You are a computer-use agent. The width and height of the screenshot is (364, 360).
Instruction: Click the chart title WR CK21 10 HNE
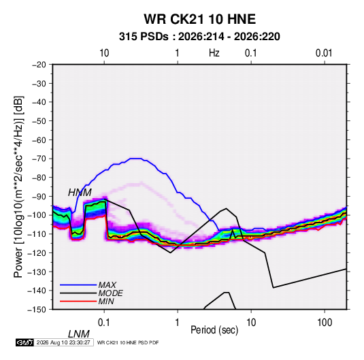click(199, 19)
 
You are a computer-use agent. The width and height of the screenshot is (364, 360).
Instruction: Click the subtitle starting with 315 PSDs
click(199, 37)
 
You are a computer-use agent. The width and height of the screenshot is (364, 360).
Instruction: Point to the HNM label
click(80, 193)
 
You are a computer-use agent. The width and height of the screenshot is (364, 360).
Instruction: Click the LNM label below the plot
click(78, 334)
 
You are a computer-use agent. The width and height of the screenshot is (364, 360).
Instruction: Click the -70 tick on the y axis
click(39, 159)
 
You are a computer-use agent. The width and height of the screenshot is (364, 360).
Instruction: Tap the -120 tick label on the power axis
click(37, 253)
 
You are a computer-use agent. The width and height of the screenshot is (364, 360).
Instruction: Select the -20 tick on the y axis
click(39, 65)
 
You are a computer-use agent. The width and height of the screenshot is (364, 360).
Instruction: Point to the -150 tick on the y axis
click(37, 310)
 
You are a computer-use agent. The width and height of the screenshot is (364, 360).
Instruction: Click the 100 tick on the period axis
click(325, 323)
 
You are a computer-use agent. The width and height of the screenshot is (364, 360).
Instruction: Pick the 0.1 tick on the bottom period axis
click(104, 323)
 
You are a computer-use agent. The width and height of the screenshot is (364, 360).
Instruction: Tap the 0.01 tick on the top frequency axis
click(324, 53)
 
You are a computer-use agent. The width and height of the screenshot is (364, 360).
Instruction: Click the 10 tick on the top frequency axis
click(104, 53)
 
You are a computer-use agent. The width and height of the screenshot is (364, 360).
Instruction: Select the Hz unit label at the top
click(214, 53)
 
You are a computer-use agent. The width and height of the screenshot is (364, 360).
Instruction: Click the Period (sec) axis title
click(214, 330)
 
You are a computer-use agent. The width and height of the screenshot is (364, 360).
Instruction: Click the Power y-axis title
click(18, 187)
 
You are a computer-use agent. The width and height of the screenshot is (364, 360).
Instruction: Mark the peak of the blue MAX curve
click(139, 159)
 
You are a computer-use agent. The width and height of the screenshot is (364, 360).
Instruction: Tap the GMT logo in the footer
click(25, 342)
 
